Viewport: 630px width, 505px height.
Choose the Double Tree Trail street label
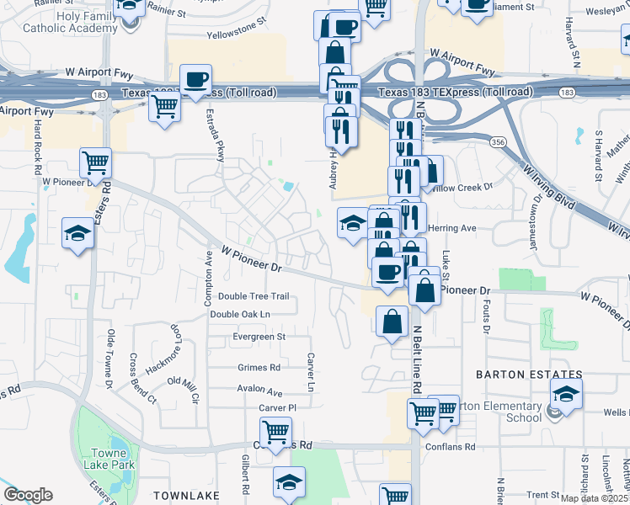pyautogui.click(x=254, y=296)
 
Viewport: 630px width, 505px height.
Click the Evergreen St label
pyautogui.click(x=259, y=337)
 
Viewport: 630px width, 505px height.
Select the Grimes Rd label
pyautogui.click(x=259, y=368)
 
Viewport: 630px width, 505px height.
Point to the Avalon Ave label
pyautogui.click(x=259, y=391)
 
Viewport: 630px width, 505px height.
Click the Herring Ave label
pyautogui.click(x=452, y=228)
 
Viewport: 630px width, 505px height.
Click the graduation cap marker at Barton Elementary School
pyautogui.click(x=566, y=393)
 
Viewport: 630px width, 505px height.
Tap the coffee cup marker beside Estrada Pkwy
pyautogui.click(x=195, y=79)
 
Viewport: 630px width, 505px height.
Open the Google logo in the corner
pyautogui.click(x=28, y=495)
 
